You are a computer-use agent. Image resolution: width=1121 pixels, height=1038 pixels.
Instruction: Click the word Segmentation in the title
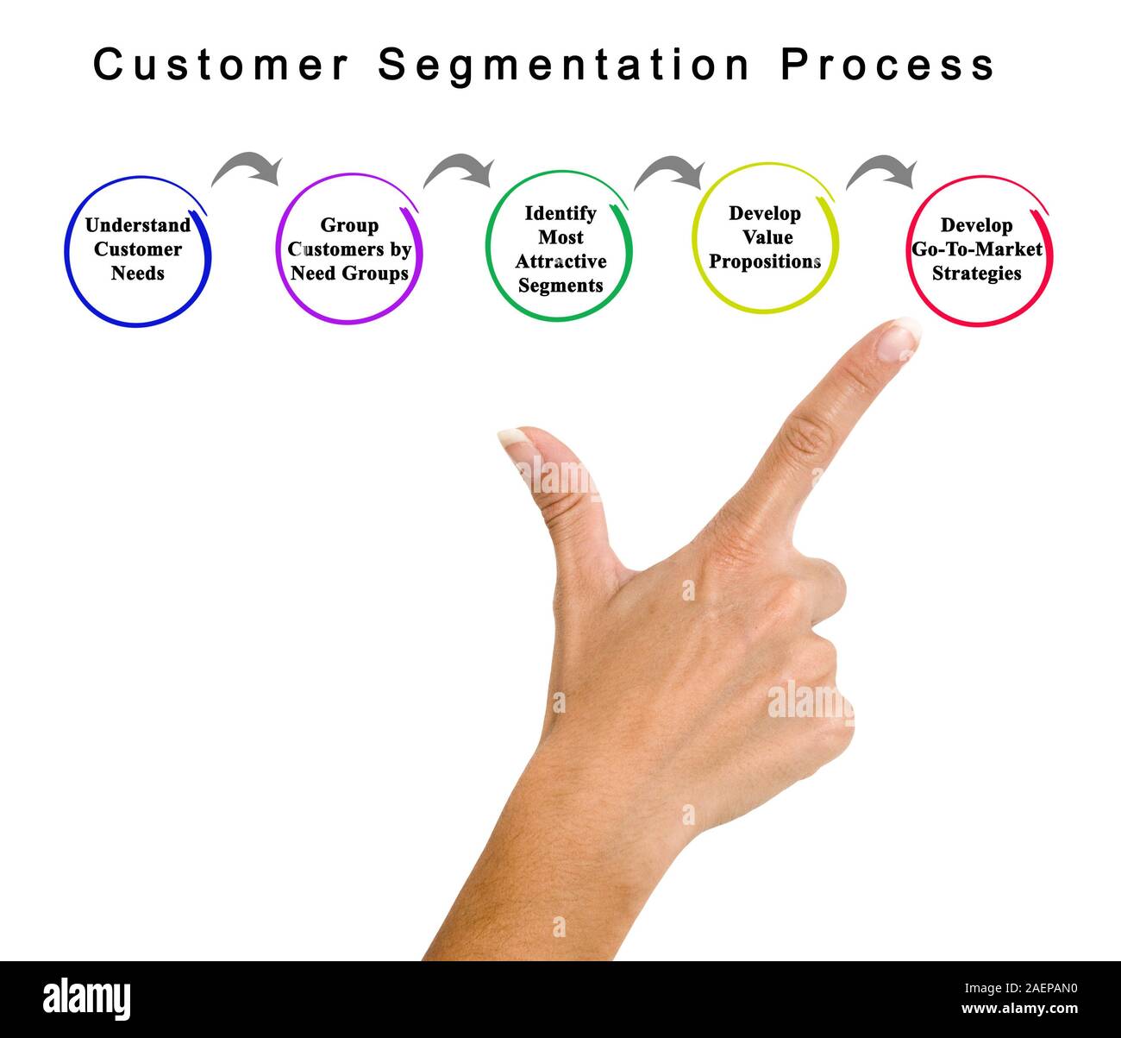tap(564, 66)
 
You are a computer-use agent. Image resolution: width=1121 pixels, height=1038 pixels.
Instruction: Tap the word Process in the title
tap(888, 66)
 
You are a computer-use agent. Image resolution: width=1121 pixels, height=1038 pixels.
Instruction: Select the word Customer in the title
tap(221, 66)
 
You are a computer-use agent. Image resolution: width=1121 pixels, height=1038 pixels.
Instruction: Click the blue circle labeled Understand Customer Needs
tap(138, 251)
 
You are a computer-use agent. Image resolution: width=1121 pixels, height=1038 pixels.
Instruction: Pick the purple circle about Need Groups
tap(349, 249)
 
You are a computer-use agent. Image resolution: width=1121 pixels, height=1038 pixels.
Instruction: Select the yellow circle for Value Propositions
tap(765, 237)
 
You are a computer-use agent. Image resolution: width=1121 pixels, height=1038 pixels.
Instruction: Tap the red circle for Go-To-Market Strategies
tap(979, 250)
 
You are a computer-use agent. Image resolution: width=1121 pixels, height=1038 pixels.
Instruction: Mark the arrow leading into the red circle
tap(881, 171)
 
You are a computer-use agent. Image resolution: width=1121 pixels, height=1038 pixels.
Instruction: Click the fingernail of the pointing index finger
tap(899, 339)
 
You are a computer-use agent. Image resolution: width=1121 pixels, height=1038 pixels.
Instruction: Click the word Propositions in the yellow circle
tap(765, 261)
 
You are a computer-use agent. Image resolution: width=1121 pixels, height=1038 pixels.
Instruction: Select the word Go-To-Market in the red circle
tap(977, 249)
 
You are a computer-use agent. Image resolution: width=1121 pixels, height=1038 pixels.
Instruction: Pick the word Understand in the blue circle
tap(138, 225)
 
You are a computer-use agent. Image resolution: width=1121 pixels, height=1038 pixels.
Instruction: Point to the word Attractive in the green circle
tap(560, 261)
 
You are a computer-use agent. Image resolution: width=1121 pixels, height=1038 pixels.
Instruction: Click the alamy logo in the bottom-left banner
tap(87, 998)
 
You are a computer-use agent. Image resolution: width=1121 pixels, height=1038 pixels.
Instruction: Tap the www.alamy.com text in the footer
tap(1019, 1009)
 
